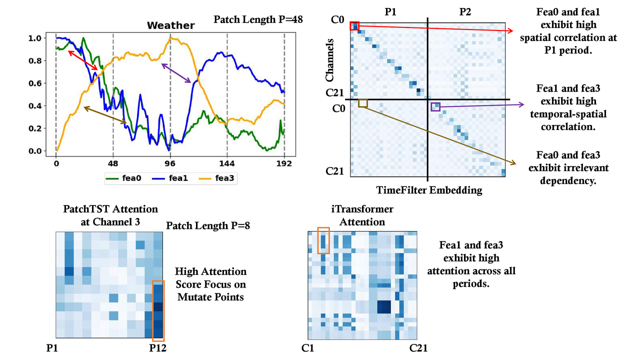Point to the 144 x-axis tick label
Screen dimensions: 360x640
pyautogui.click(x=227, y=163)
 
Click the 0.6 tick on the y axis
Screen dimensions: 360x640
pyautogui.click(x=36, y=83)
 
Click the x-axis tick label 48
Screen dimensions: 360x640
pyautogui.click(x=113, y=163)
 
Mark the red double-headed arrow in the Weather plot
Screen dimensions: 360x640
pyautogui.click(x=83, y=60)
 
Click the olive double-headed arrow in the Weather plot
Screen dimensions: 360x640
pyautogui.click(x=105, y=115)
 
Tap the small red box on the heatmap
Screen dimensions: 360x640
pyautogui.click(x=354, y=26)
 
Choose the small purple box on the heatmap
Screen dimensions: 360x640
pyautogui.click(x=435, y=106)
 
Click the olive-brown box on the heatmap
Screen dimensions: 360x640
pyautogui.click(x=363, y=103)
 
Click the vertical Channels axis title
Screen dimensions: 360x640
pyautogui.click(x=330, y=61)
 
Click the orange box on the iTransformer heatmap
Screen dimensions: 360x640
pyautogui.click(x=323, y=240)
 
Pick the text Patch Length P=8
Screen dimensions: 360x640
pyautogui.click(x=208, y=226)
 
